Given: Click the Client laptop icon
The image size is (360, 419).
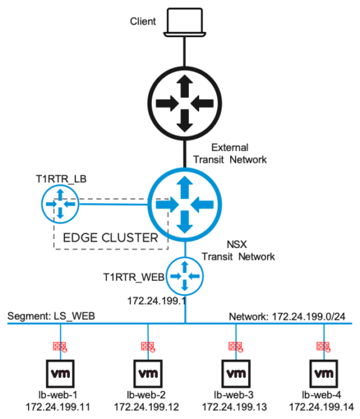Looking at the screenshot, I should tap(185, 22).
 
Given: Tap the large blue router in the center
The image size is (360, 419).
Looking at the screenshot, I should tap(185, 204).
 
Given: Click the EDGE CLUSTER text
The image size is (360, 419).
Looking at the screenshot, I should tap(110, 237).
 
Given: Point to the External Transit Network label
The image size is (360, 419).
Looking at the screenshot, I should tap(239, 154).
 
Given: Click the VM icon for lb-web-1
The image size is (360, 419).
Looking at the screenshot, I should tap(57, 375).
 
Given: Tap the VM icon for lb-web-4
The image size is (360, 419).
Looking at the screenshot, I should tap(322, 375).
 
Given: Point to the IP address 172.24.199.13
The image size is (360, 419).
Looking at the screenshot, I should tap(235, 406).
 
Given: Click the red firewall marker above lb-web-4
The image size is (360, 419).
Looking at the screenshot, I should tap(322, 346).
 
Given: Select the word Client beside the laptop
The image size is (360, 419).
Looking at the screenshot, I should tap(143, 22).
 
